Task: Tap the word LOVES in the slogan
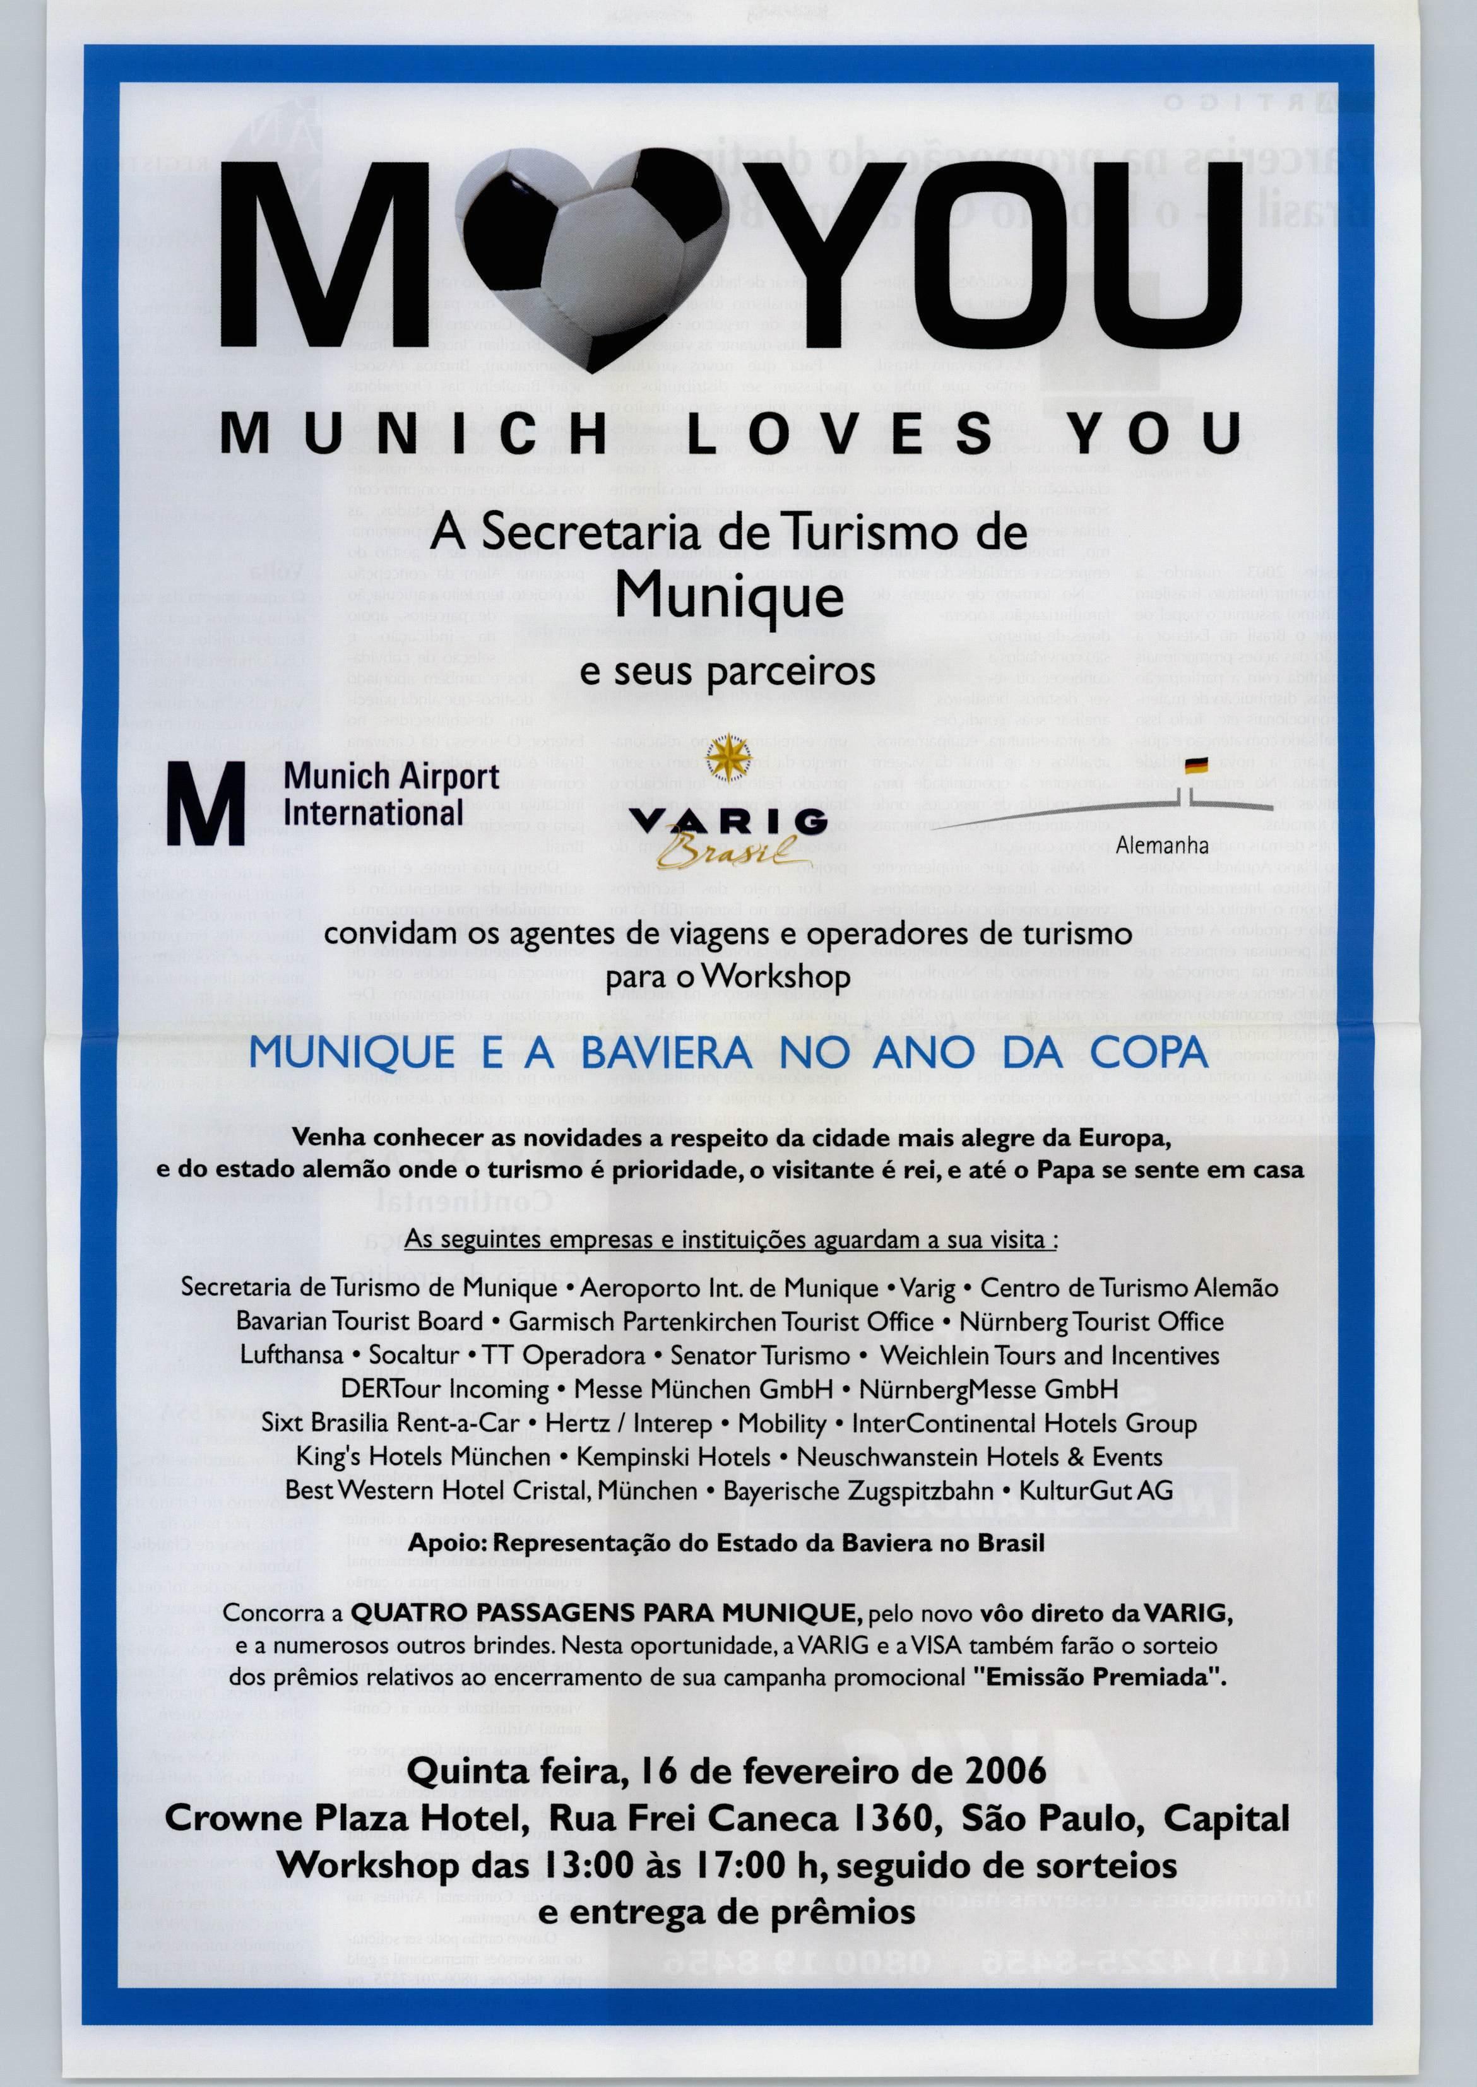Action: tap(840, 434)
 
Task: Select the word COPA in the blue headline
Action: tap(1149, 1052)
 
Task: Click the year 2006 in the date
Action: tap(1000, 1771)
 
